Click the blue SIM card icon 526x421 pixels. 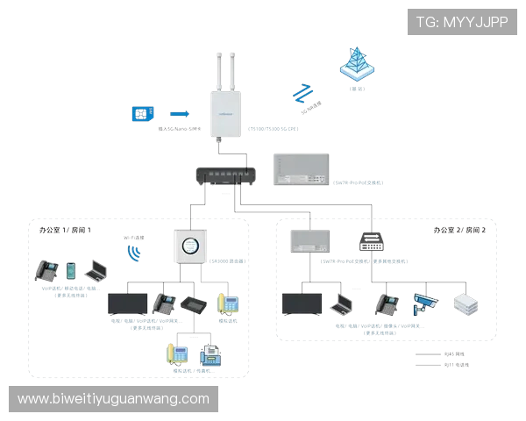click(x=140, y=114)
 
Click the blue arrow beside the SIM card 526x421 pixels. click(x=179, y=113)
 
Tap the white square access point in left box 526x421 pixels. click(x=190, y=246)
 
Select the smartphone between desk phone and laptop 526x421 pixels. click(x=70, y=271)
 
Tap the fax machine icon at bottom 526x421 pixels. click(x=210, y=355)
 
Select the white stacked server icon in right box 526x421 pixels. click(x=464, y=303)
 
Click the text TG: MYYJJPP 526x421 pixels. click(x=462, y=22)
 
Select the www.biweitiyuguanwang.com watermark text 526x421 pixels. click(x=114, y=399)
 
